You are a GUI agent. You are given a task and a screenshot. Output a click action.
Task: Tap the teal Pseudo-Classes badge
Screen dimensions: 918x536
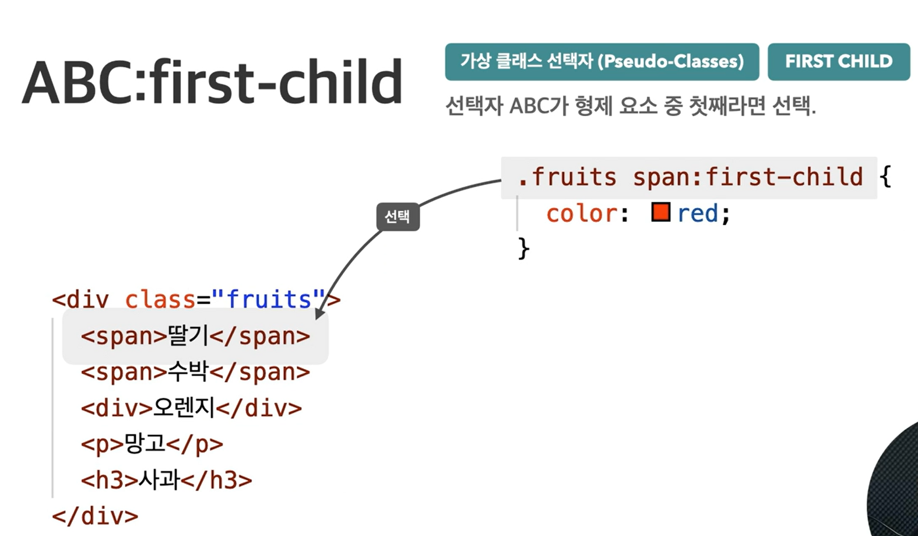[x=602, y=61]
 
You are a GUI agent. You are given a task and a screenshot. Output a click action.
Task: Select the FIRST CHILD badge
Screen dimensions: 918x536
[x=839, y=61]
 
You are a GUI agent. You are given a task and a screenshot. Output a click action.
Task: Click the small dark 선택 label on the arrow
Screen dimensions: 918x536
[x=398, y=216]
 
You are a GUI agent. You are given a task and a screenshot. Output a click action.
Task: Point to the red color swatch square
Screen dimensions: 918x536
[x=660, y=212]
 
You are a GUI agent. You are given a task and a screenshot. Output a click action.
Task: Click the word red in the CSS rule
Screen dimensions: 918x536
[x=698, y=213]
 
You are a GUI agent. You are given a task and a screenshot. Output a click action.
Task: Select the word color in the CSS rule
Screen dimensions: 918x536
[x=582, y=213]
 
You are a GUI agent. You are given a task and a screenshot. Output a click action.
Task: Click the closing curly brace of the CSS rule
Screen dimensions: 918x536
[x=524, y=248]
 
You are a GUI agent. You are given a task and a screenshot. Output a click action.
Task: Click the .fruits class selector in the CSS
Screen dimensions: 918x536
[x=567, y=177]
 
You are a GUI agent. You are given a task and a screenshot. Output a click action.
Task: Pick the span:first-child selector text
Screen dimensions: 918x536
[x=748, y=177]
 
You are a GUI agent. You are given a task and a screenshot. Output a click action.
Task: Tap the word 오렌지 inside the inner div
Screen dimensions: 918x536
[x=184, y=408]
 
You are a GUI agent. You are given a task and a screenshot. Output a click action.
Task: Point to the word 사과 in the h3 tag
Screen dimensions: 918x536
[x=159, y=479]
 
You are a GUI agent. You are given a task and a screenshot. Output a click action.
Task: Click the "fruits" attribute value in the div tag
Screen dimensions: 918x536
[x=268, y=299]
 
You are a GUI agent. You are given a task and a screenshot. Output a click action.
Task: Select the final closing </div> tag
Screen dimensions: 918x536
[x=95, y=516]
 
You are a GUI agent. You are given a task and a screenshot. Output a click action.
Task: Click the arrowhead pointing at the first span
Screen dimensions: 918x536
[x=319, y=313]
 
